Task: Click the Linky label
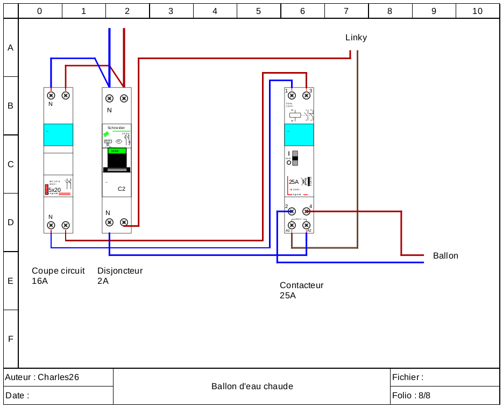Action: coord(356,37)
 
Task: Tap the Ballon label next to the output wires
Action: coord(445,255)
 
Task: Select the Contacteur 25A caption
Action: coord(301,290)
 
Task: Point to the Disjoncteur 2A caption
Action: coord(120,276)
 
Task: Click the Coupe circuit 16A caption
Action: coord(58,276)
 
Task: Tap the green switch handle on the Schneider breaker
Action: coord(117,151)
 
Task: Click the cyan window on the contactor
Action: coord(299,134)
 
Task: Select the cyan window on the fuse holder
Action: coord(58,134)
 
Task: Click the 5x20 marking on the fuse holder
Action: coord(54,190)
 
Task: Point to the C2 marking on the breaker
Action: coord(122,189)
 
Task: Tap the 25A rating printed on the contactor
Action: coord(294,182)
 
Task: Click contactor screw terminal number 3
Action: coord(307,95)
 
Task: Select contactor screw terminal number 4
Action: coord(307,211)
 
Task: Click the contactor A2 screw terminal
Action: coord(307,225)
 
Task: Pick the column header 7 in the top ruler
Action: coord(346,11)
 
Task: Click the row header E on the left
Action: coord(10,281)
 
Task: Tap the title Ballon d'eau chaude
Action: coord(252,386)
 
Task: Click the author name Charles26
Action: coord(58,377)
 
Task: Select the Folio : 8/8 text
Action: coord(412,396)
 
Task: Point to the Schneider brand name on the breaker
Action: coord(116,127)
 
